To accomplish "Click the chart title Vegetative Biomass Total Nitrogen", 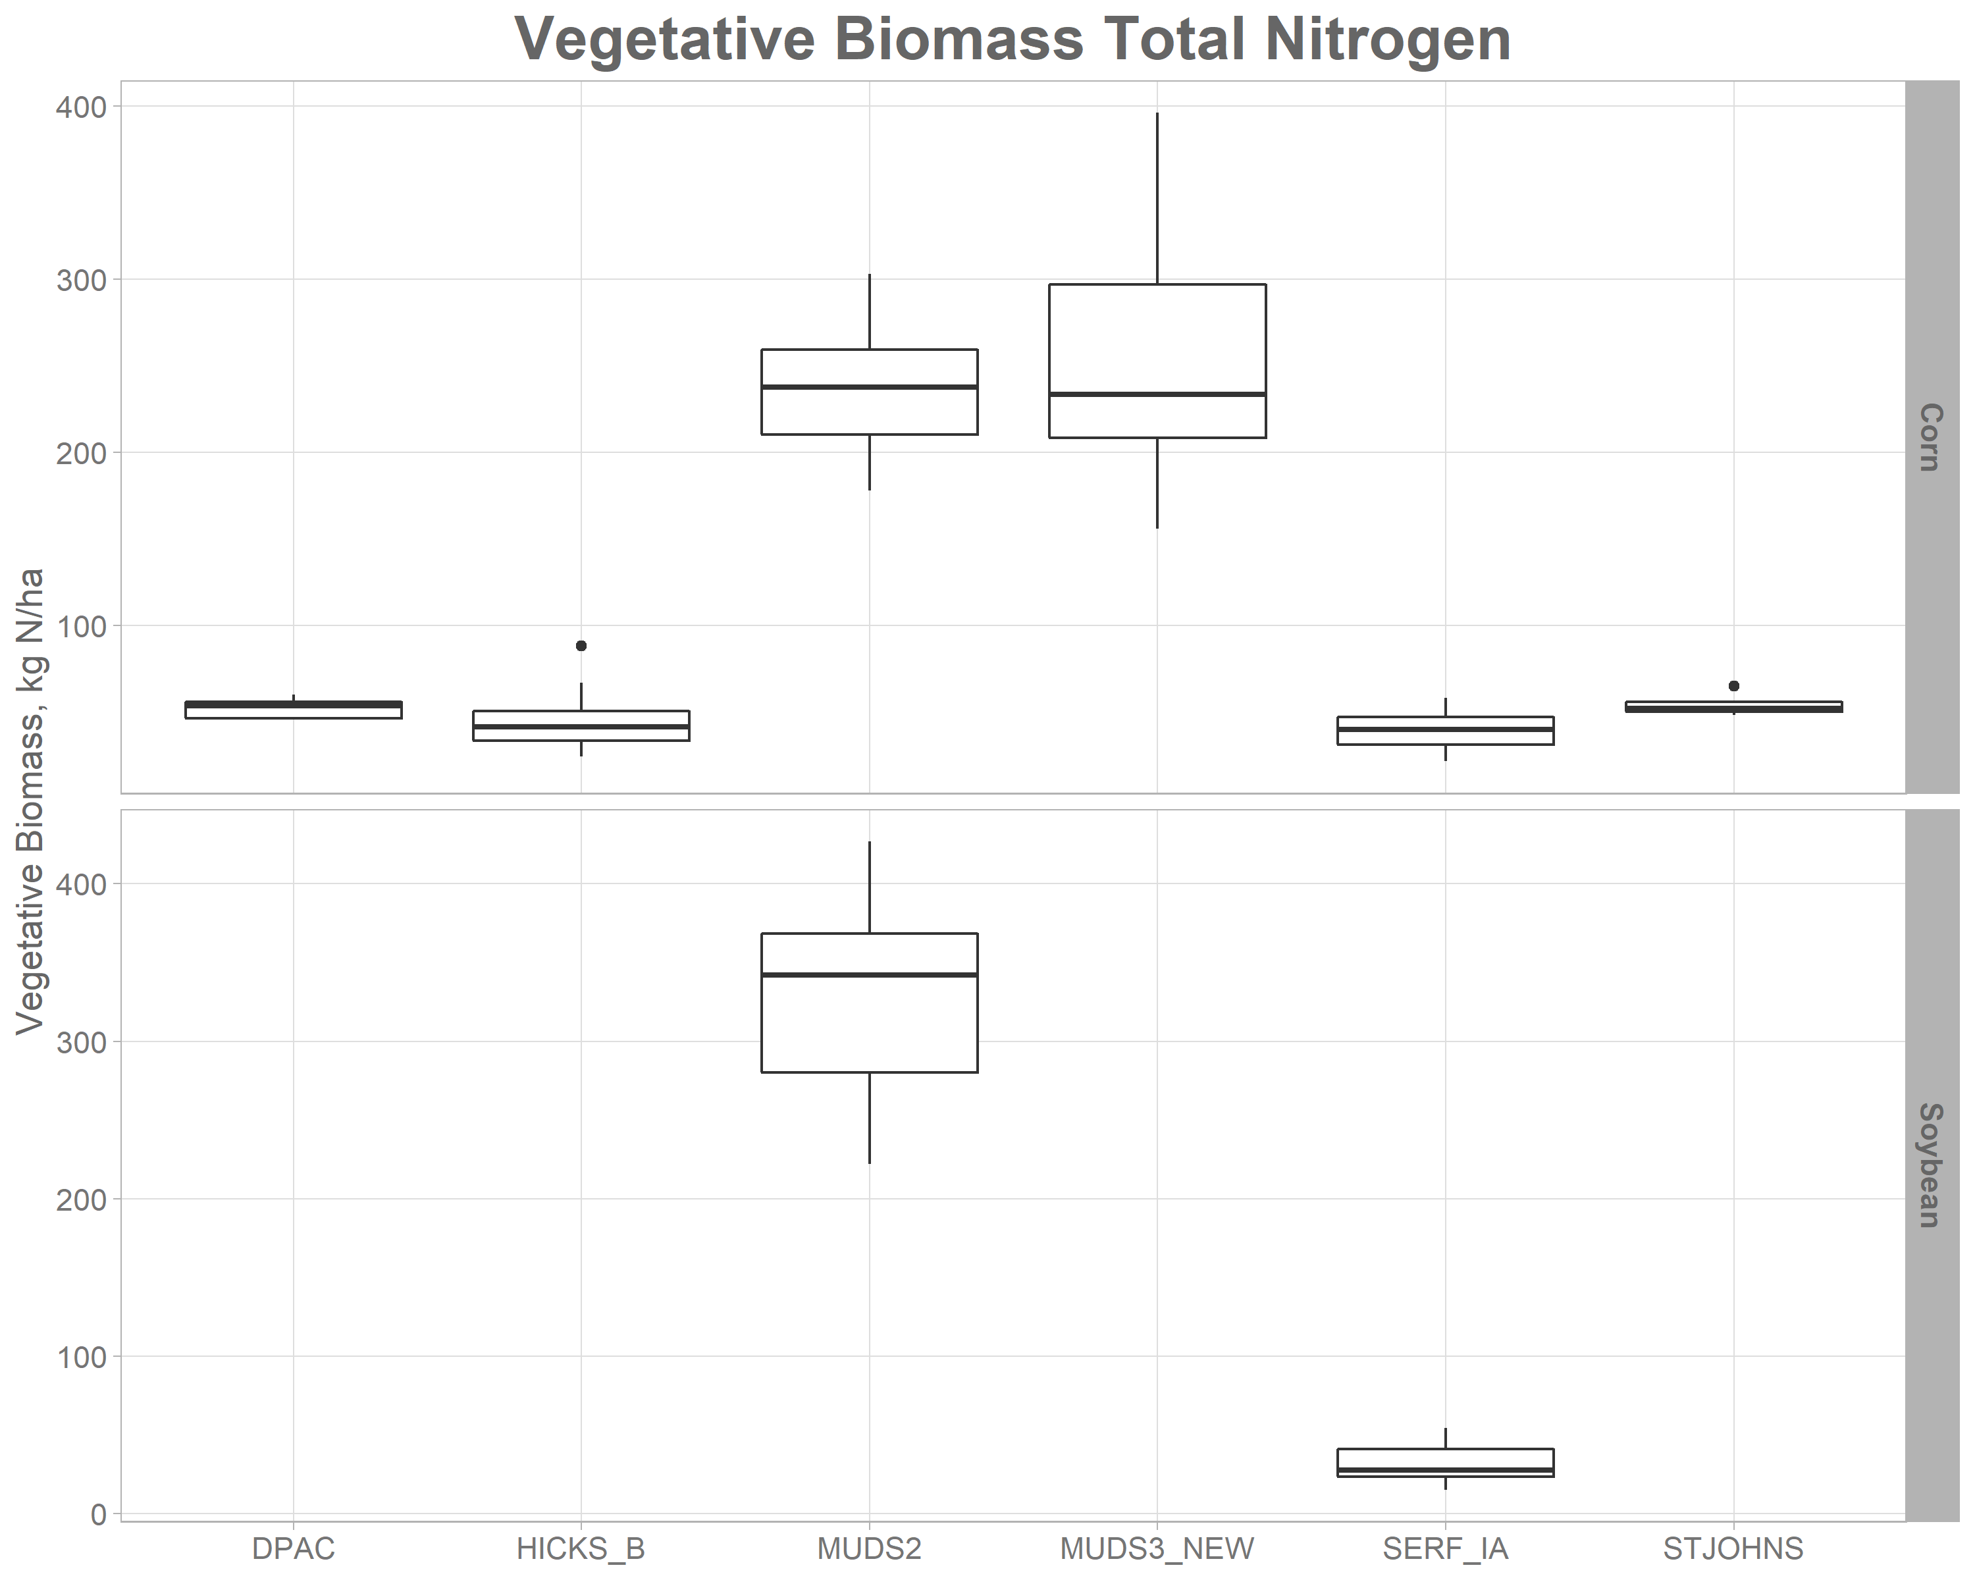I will tap(1013, 40).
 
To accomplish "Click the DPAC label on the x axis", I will tap(293, 1548).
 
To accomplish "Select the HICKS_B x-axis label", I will tap(581, 1548).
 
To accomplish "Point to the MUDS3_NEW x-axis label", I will tap(1157, 1548).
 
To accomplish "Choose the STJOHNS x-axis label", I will tap(1733, 1548).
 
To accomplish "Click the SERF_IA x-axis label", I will tap(1444, 1548).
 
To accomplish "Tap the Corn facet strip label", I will tap(1930, 437).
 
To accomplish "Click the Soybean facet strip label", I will tap(1930, 1165).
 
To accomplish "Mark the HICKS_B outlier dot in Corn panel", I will tap(581, 646).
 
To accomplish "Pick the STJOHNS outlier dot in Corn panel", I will tap(1733, 686).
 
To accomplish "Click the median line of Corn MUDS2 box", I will tap(870, 386).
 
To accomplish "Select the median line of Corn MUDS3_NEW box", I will tap(1157, 394).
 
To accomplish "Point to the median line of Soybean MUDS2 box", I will tap(870, 974).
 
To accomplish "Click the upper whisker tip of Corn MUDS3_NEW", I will tap(1157, 114).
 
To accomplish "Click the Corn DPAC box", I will tap(293, 710).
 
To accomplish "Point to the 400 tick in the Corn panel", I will tap(80, 107).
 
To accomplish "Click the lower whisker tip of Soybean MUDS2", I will tap(870, 1163).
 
